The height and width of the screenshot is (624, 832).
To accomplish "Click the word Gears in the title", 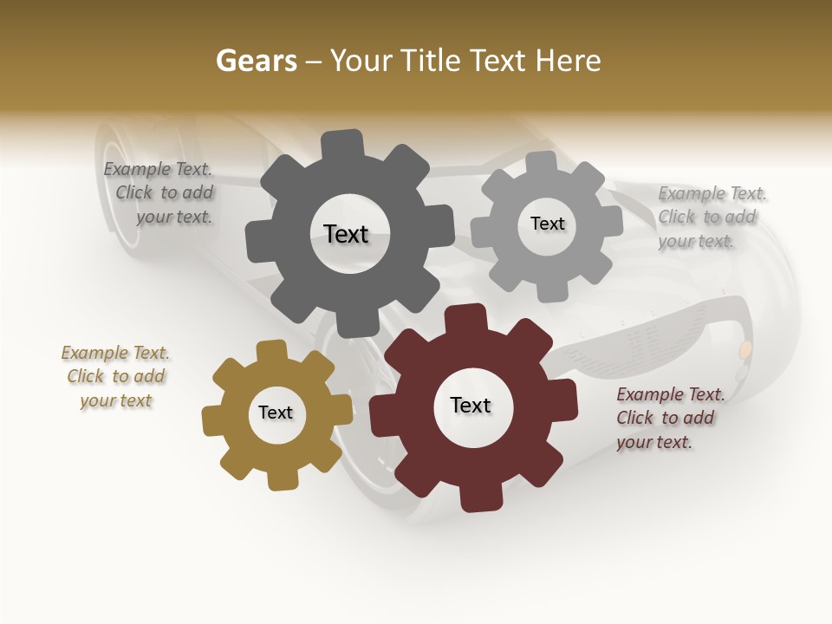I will click(x=256, y=62).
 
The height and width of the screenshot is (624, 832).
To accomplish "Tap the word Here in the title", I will click(x=568, y=61).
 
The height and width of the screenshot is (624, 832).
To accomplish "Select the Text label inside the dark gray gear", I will click(x=346, y=234).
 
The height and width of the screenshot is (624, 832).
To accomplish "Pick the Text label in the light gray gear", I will click(x=547, y=224).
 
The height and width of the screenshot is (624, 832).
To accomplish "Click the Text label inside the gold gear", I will click(x=276, y=413).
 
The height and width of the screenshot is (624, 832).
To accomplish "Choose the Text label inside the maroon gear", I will click(x=471, y=405).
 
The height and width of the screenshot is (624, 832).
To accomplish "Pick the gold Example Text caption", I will click(x=115, y=376).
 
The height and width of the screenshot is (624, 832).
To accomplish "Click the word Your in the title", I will click(x=359, y=62).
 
